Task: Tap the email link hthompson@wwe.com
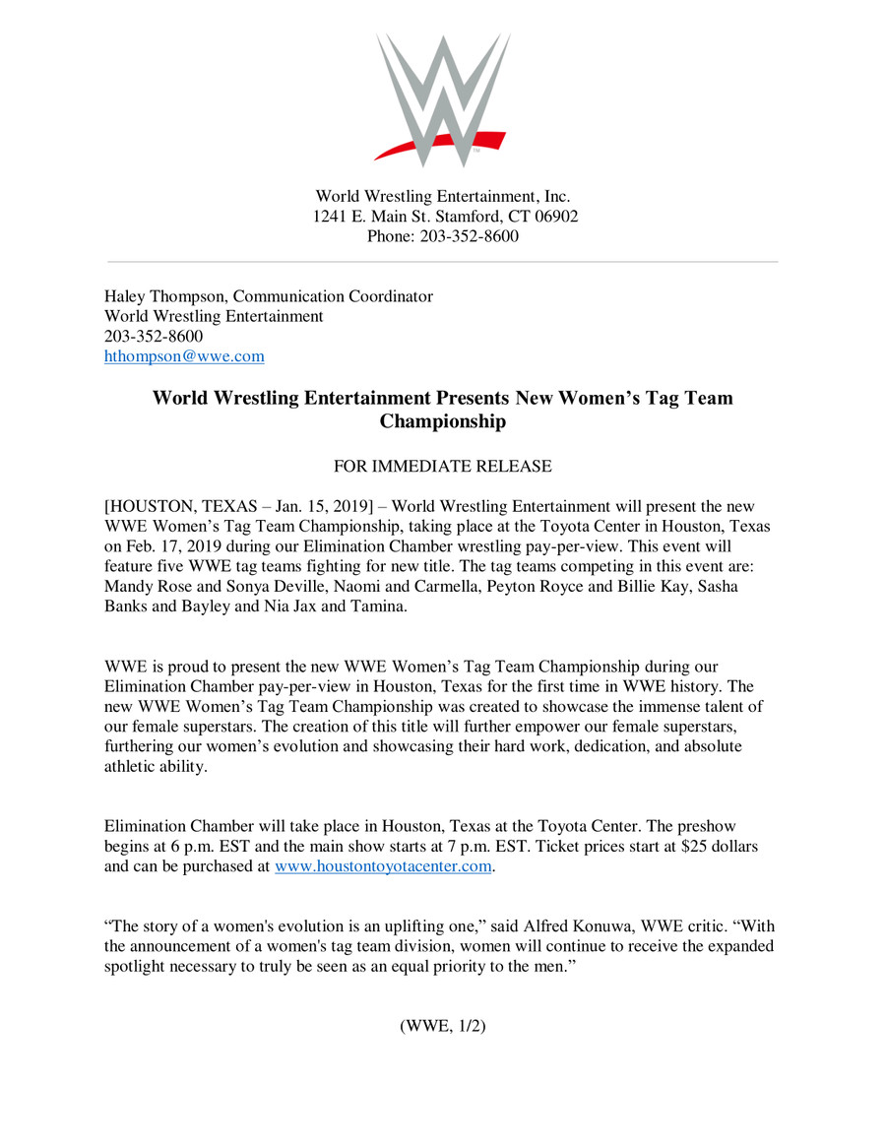coord(184,357)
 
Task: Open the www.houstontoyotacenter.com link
coord(383,866)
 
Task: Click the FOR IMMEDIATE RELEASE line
coord(442,466)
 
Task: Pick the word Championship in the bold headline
coord(442,422)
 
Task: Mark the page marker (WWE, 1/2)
coord(442,1026)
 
